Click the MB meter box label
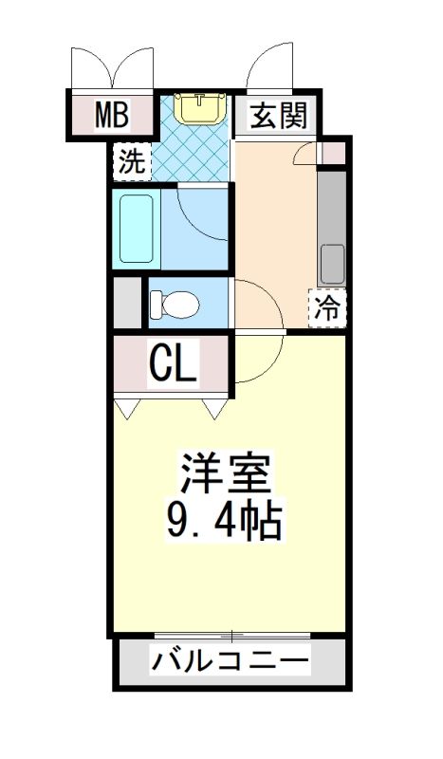pos(111,114)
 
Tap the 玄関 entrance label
pos(279,116)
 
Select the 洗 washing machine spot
pos(132,162)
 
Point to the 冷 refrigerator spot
pos(327,307)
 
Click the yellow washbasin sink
pos(200,107)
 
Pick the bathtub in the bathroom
pos(137,229)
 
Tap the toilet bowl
pos(175,305)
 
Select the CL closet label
pos(173,362)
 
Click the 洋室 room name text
pos(225,471)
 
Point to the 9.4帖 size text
pos(224,521)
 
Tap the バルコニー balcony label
pos(230,660)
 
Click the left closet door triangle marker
pos(127,409)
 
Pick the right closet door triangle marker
pos(214,409)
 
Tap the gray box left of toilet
pos(127,302)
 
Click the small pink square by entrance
pos(334,154)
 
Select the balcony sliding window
pos(232,635)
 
